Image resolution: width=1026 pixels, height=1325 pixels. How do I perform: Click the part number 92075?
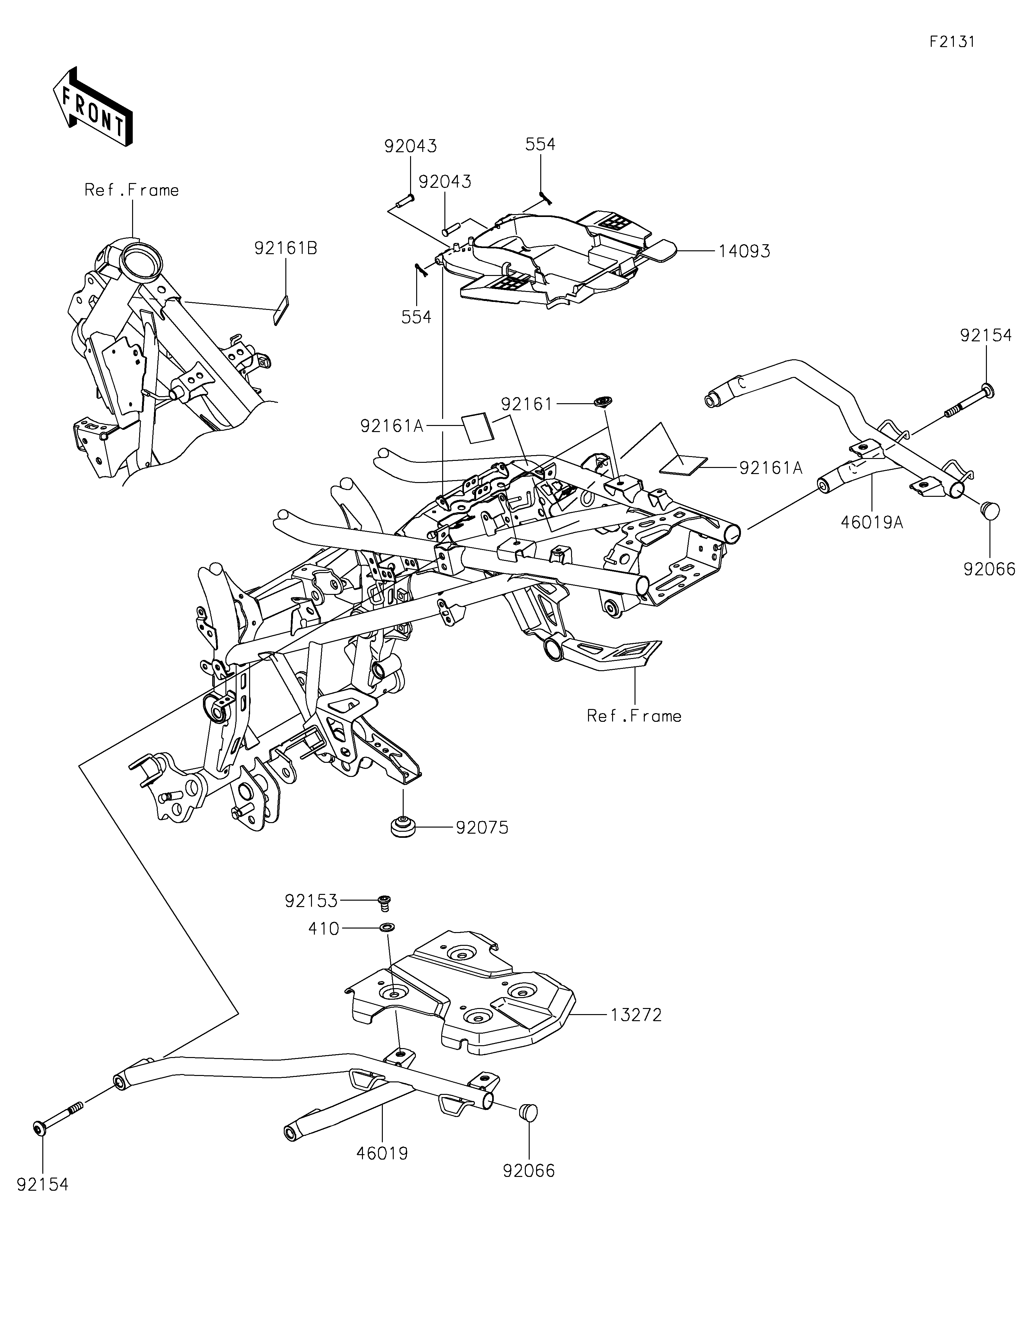click(482, 828)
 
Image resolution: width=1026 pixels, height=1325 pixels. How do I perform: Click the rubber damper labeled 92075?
click(403, 828)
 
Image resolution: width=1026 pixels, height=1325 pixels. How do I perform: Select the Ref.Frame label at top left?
click(132, 190)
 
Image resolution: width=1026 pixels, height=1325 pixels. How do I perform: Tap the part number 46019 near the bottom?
click(382, 1153)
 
